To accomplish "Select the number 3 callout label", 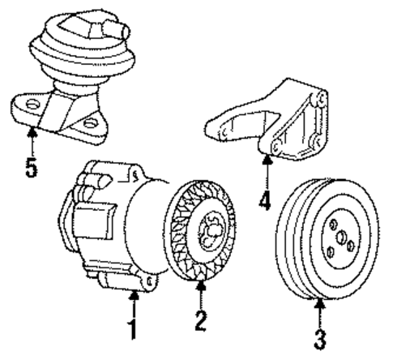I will [321, 335].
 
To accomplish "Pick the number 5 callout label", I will [32, 171].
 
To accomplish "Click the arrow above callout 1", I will [135, 306].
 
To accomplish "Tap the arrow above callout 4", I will [268, 171].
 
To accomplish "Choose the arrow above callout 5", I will [32, 143].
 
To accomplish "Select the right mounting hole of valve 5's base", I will [92, 124].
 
